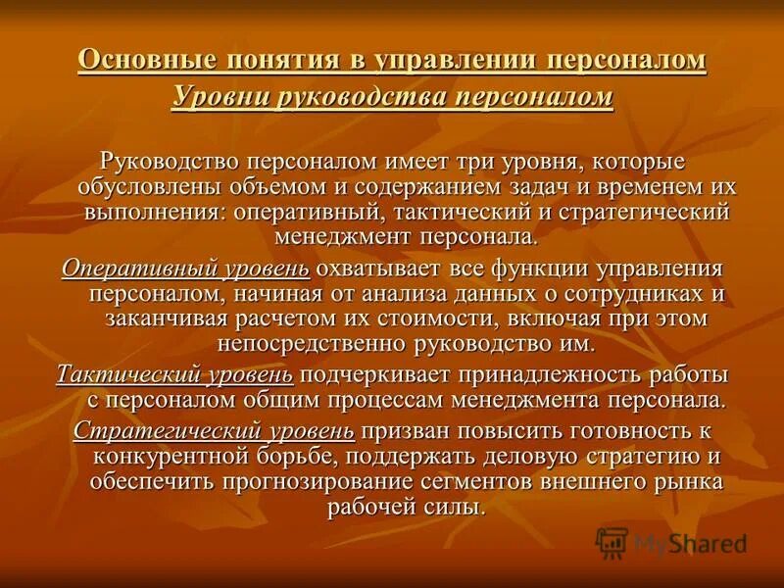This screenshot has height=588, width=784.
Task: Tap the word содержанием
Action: click(449, 186)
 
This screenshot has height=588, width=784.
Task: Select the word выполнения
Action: click(144, 212)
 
